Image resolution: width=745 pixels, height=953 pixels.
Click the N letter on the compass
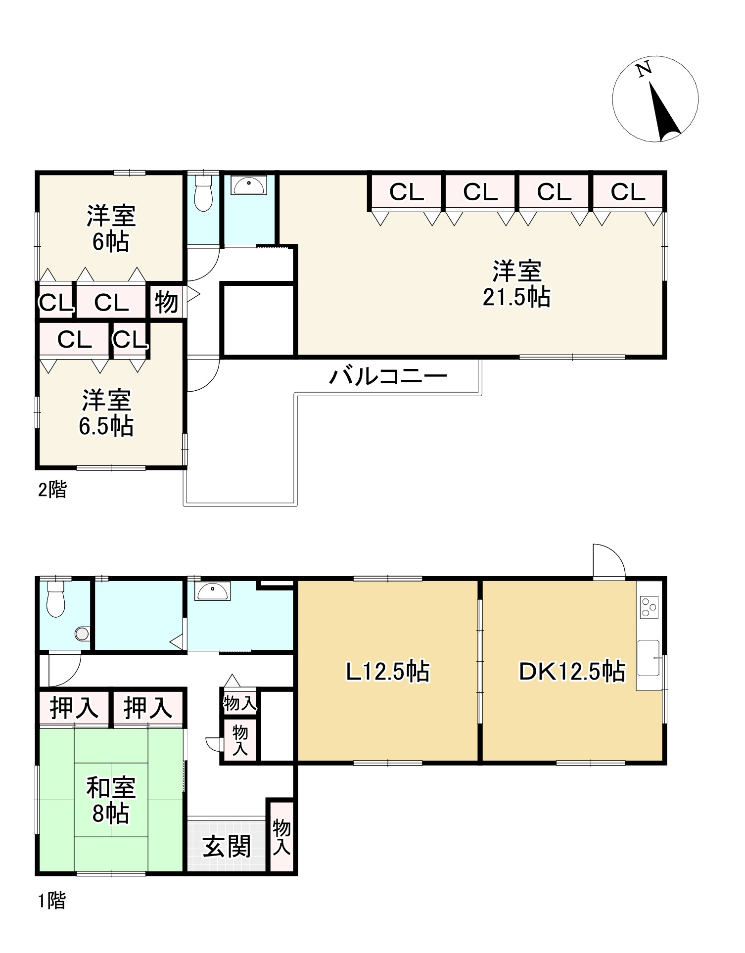(644, 70)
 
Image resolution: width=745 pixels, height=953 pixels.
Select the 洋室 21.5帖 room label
(516, 284)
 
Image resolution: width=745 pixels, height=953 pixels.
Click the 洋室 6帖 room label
(111, 228)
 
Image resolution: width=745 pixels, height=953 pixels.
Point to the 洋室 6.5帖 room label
(106, 413)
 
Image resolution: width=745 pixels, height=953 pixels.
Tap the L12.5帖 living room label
(387, 672)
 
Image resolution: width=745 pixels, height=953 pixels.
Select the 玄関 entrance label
(227, 847)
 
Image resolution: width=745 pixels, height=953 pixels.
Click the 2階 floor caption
(52, 490)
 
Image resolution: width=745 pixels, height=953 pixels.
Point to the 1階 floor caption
(52, 901)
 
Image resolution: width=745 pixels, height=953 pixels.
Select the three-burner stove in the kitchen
(649, 607)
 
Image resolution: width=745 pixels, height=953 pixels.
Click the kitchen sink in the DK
(649, 658)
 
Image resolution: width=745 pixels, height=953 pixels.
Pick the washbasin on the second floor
(249, 185)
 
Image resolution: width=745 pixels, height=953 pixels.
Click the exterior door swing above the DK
(609, 561)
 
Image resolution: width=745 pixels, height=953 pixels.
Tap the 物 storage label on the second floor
(166, 302)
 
